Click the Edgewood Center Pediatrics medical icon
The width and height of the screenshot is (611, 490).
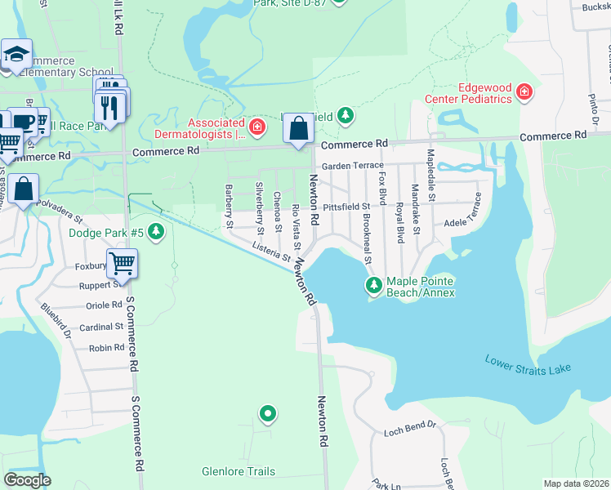tap(524, 92)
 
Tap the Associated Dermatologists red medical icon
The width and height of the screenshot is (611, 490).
tap(256, 127)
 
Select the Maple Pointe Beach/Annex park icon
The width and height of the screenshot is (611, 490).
tap(373, 285)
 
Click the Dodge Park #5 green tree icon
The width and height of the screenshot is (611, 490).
tap(155, 234)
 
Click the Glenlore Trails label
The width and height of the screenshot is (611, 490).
tap(239, 471)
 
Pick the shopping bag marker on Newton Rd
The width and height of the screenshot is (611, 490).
tap(299, 128)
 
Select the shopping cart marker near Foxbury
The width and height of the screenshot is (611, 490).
tap(122, 263)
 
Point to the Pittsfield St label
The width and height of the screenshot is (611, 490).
tap(346, 207)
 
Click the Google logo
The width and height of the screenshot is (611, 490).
tap(27, 480)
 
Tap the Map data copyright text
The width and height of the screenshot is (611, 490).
tap(575, 483)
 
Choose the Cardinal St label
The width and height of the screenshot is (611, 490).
tap(101, 327)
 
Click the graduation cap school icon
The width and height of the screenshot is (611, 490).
tap(16, 55)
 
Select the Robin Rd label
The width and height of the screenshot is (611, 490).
tap(106, 348)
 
